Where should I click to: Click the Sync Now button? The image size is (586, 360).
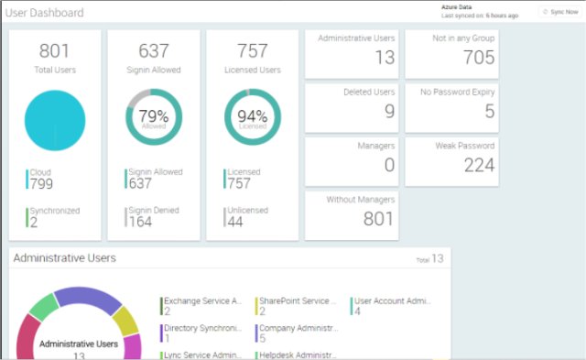pyautogui.click(x=559, y=12)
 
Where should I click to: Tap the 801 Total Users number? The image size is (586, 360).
pyautogui.click(x=55, y=51)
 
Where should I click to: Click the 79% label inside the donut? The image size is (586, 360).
pyautogui.click(x=154, y=115)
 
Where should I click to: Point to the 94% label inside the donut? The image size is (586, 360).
pyautogui.click(x=253, y=115)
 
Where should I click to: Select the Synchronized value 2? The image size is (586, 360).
pyautogui.click(x=34, y=222)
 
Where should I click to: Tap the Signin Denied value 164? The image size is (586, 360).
pyautogui.click(x=140, y=222)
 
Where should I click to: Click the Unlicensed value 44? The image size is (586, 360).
pyautogui.click(x=236, y=222)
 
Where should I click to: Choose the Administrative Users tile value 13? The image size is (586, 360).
pyautogui.click(x=385, y=59)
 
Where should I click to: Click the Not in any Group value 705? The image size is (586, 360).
pyautogui.click(x=479, y=59)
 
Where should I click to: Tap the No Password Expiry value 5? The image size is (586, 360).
pyautogui.click(x=490, y=112)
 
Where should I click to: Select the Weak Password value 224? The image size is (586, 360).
pyautogui.click(x=479, y=165)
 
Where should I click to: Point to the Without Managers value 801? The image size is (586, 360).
pyautogui.click(x=379, y=218)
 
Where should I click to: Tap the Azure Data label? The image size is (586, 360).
pyautogui.click(x=456, y=6)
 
